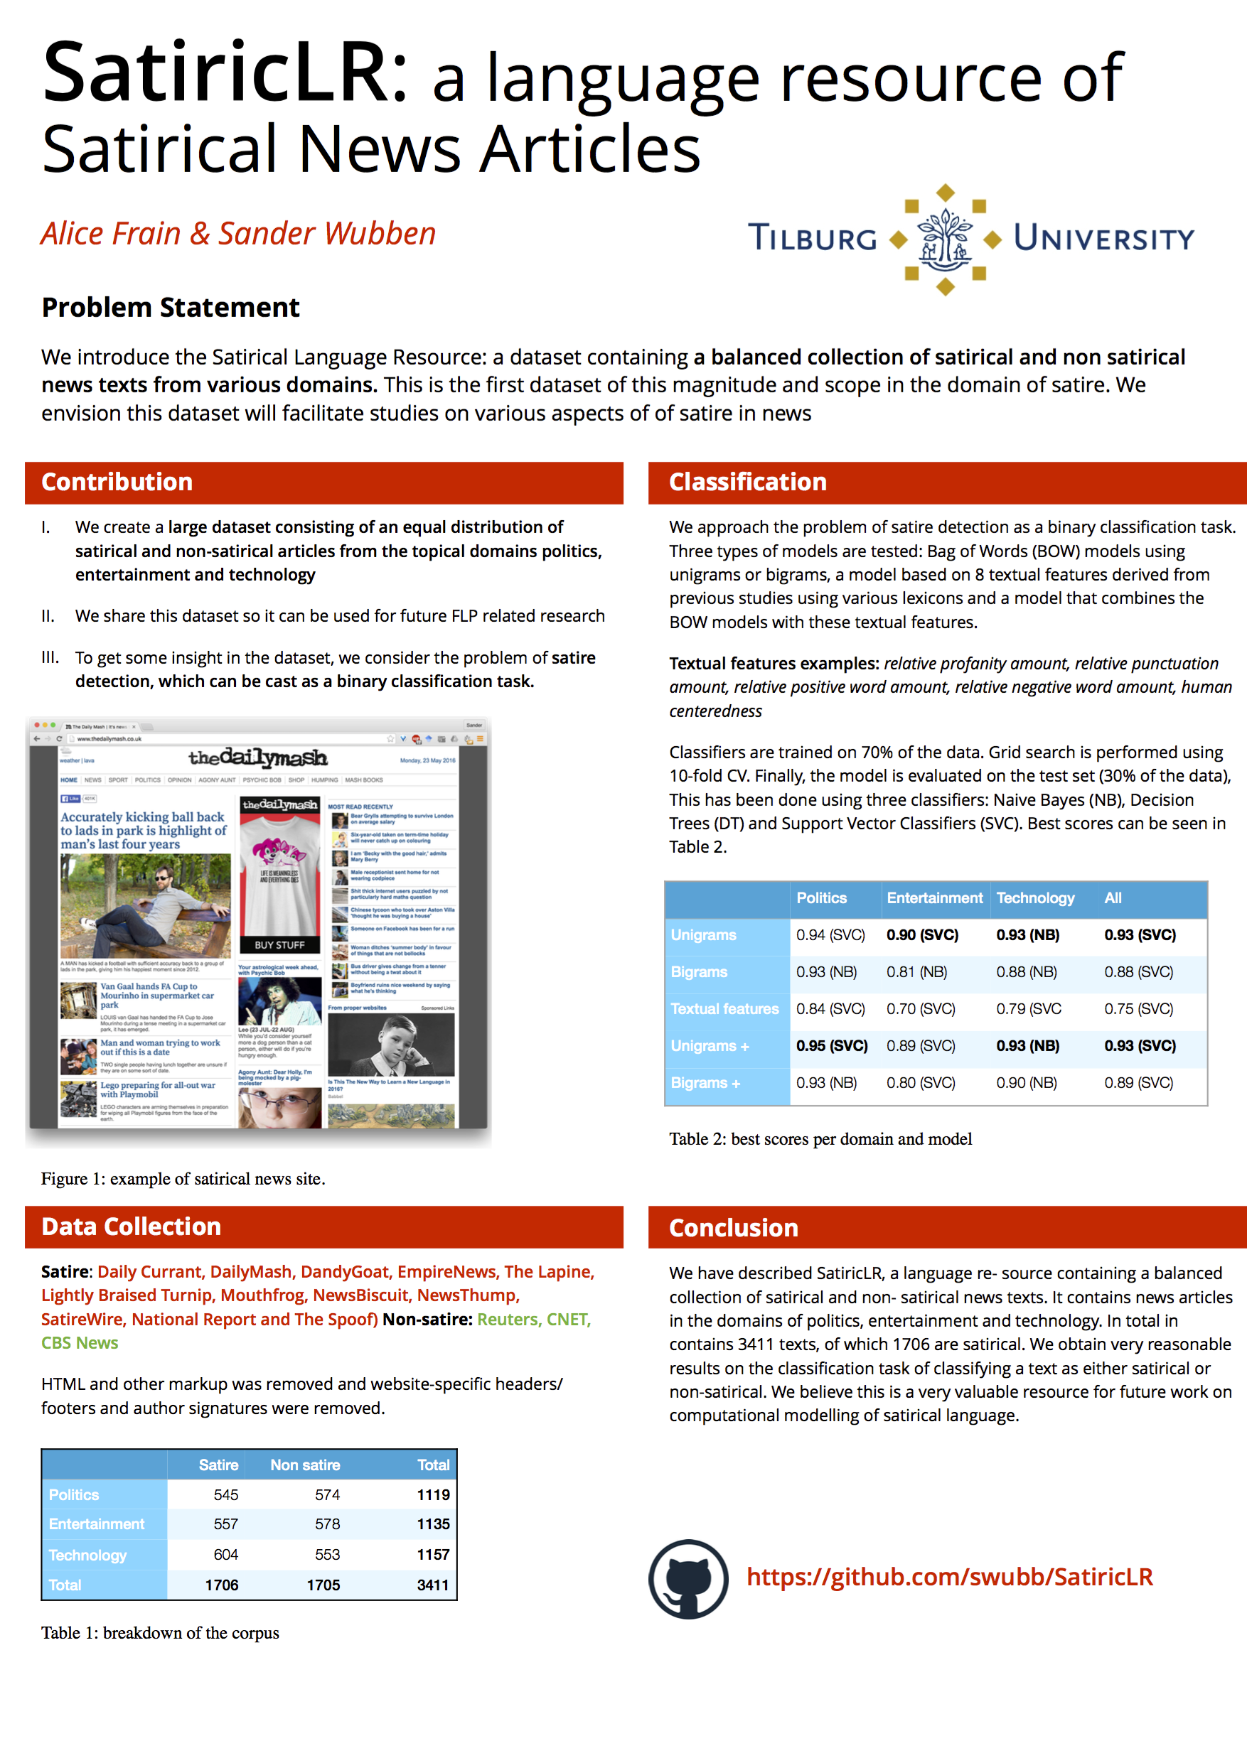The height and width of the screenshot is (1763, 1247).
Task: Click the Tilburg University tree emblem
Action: point(945,239)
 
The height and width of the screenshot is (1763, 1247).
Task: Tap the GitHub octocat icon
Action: point(687,1578)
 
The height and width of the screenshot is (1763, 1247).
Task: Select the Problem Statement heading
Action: point(170,307)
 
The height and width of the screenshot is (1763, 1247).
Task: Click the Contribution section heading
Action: point(117,482)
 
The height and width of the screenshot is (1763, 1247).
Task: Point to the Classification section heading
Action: point(748,482)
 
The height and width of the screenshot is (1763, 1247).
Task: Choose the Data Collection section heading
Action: point(131,1226)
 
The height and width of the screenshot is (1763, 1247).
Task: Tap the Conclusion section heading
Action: point(733,1228)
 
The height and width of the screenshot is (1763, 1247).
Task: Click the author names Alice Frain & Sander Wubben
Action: point(238,233)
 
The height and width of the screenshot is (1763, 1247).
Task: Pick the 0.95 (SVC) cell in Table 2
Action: point(831,1046)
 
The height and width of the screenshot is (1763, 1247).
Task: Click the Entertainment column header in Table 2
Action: point(933,898)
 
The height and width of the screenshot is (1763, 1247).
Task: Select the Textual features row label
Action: point(724,1009)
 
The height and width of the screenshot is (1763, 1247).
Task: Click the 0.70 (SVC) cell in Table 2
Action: point(921,1009)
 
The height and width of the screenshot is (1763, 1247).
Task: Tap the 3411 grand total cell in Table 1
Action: point(432,1585)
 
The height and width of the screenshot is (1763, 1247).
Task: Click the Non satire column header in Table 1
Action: point(305,1465)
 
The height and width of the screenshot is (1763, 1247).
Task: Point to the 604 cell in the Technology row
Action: point(226,1555)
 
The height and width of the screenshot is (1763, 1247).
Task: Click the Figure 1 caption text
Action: point(183,1179)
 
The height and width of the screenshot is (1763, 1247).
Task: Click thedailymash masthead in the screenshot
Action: point(258,758)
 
